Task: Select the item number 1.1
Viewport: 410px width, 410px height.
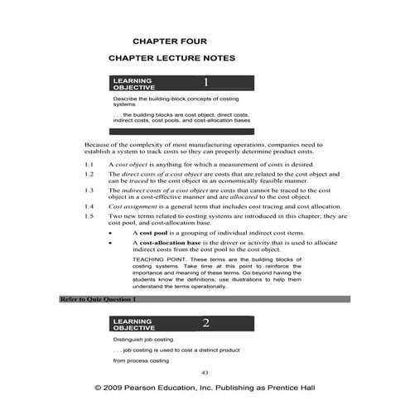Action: coord(90,166)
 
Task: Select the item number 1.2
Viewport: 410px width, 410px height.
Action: coord(90,175)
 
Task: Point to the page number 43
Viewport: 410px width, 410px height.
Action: coord(205,373)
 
